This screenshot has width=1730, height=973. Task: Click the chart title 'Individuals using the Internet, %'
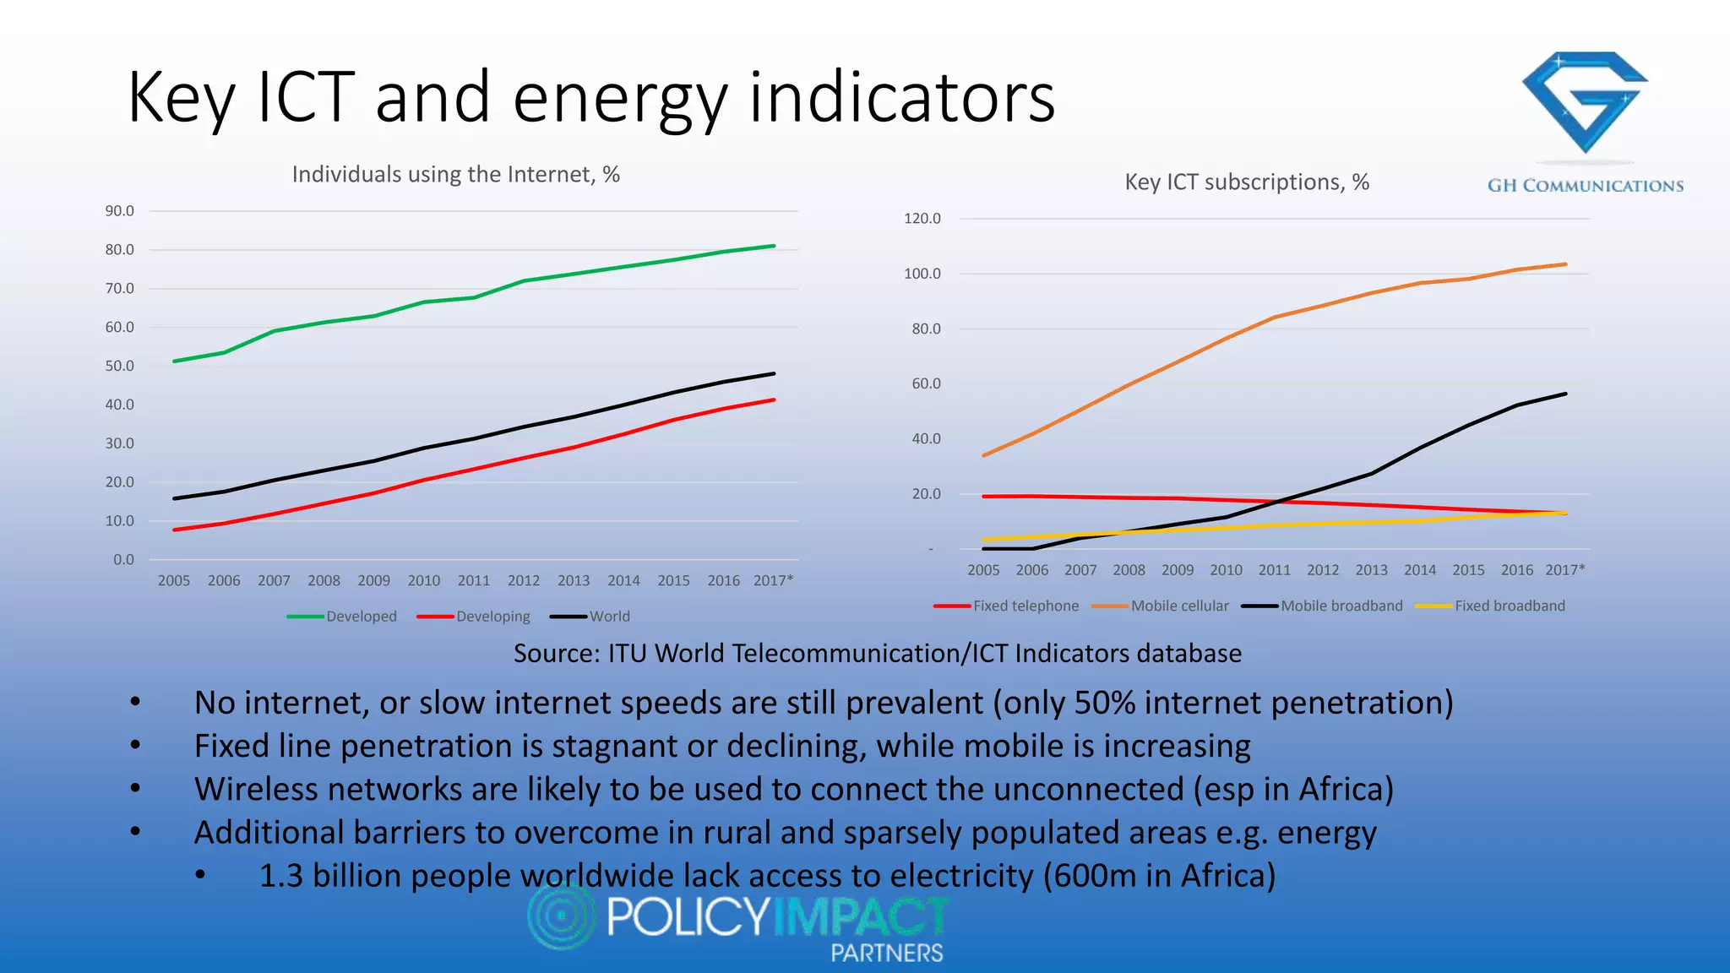point(456,175)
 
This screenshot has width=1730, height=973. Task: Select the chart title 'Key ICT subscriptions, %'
point(1246,182)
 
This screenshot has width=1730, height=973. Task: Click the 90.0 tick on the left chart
point(119,211)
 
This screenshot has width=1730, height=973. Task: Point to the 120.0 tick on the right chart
point(922,219)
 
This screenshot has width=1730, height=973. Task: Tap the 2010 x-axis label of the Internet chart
point(423,581)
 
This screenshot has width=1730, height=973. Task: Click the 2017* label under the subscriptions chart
point(1564,570)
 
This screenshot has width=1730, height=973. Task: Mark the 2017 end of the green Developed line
point(774,246)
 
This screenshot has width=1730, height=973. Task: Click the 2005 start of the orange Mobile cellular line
point(983,455)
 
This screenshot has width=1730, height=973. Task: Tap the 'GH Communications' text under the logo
point(1585,186)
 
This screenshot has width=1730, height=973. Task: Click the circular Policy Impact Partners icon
point(561,916)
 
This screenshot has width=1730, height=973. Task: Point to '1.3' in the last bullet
point(280,876)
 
